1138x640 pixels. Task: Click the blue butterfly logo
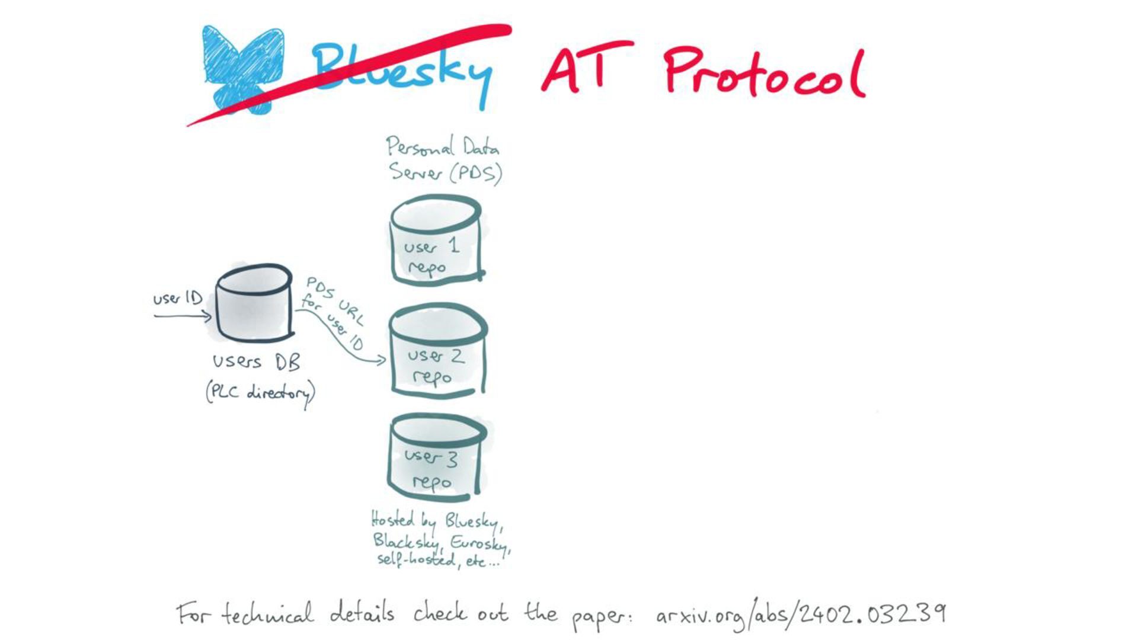click(242, 66)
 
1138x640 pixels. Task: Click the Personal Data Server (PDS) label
click(444, 159)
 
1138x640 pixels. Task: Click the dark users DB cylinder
click(254, 303)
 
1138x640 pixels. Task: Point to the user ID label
click(177, 298)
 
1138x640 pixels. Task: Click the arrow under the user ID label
click(183, 316)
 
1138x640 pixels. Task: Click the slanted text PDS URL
click(335, 301)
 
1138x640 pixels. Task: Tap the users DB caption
click(256, 361)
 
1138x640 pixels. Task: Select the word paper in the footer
click(600, 618)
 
